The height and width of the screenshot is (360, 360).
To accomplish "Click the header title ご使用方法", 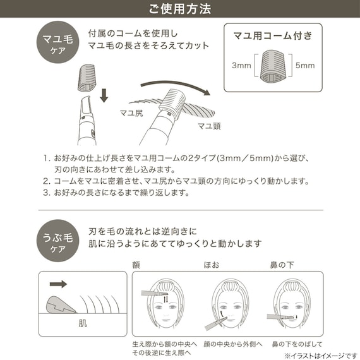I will point(180,9).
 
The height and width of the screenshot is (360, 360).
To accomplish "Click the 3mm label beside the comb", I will point(241,65).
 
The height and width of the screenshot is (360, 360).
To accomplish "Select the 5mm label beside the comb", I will point(306,65).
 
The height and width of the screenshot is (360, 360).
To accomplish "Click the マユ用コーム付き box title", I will point(273,36).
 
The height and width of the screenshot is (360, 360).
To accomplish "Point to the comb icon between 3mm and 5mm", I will point(273,66).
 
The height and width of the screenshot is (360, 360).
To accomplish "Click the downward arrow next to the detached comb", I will point(104,95).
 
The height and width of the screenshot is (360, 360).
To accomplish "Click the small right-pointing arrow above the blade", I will point(59,284).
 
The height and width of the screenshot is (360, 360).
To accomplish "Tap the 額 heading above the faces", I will point(136,265).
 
